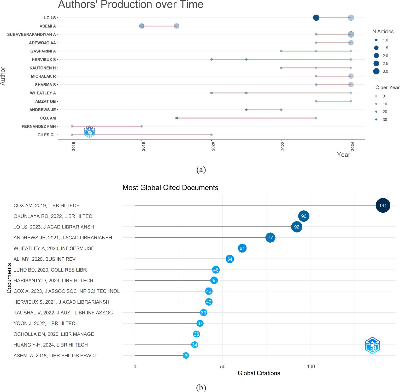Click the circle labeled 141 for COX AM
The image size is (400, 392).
click(383, 206)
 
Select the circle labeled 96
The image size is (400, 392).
click(304, 216)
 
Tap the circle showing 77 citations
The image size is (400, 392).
click(270, 238)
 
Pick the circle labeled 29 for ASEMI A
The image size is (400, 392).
click(186, 355)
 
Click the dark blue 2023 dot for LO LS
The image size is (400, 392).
click(316, 18)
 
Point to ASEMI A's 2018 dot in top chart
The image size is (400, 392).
click(142, 26)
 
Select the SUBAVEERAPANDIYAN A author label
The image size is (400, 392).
click(32, 34)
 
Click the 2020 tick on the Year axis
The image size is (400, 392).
click(213, 147)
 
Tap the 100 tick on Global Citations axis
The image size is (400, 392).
click(311, 366)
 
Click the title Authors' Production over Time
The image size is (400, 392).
click(131, 5)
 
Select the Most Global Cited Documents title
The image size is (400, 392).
click(170, 188)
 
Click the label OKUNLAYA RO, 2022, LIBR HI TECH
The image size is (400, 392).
click(55, 216)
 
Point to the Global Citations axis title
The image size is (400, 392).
click(259, 373)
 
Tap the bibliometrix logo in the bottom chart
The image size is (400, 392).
click(372, 346)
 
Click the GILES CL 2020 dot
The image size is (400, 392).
click(211, 135)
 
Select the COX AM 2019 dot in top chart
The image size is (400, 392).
click(177, 118)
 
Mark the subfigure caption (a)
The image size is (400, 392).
click(201, 170)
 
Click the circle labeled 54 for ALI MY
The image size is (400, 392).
click(230, 259)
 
